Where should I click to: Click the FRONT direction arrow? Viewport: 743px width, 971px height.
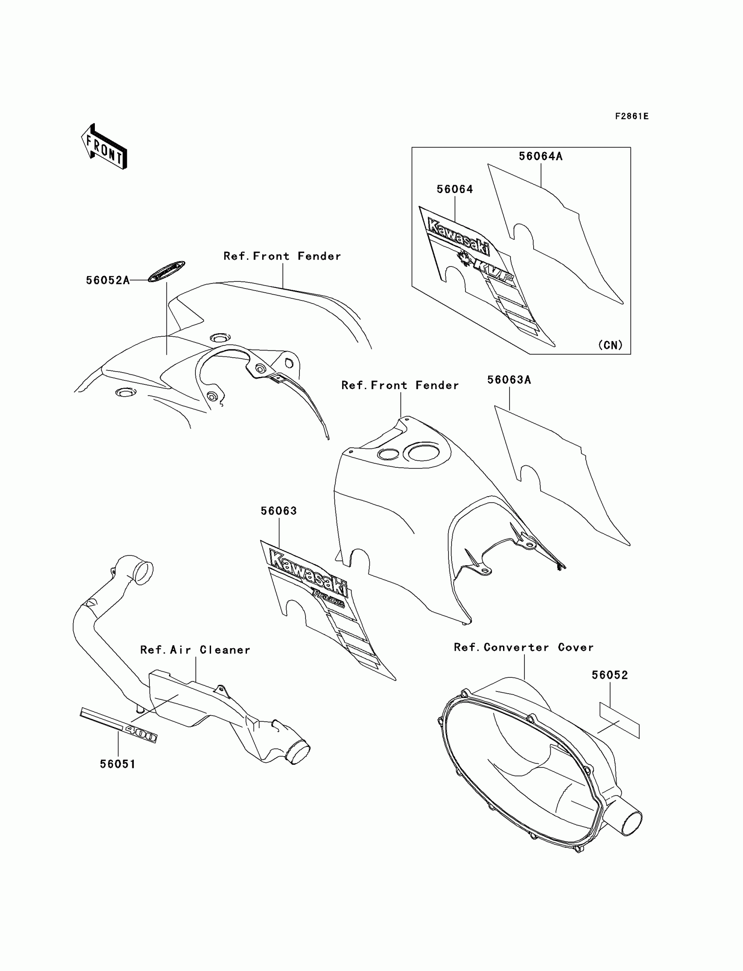click(x=104, y=147)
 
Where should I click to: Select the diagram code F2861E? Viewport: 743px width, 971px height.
click(x=632, y=116)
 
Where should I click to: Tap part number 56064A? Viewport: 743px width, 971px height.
click(x=541, y=156)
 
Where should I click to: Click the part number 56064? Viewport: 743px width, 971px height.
click(x=455, y=189)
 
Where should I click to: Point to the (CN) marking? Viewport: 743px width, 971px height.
click(x=610, y=345)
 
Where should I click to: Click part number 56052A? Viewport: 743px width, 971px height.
click(x=108, y=280)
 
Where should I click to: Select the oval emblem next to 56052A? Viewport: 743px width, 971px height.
click(x=166, y=271)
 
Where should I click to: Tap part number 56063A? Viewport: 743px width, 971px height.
click(x=509, y=380)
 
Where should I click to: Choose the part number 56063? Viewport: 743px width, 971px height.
click(x=279, y=511)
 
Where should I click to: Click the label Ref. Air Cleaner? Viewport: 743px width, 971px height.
click(x=195, y=650)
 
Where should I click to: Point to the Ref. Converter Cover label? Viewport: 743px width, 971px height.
click(x=524, y=647)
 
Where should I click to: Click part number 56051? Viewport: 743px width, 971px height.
click(x=118, y=764)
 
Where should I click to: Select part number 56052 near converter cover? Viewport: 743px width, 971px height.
click(x=610, y=675)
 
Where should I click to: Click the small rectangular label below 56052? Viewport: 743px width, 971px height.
click(x=619, y=721)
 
